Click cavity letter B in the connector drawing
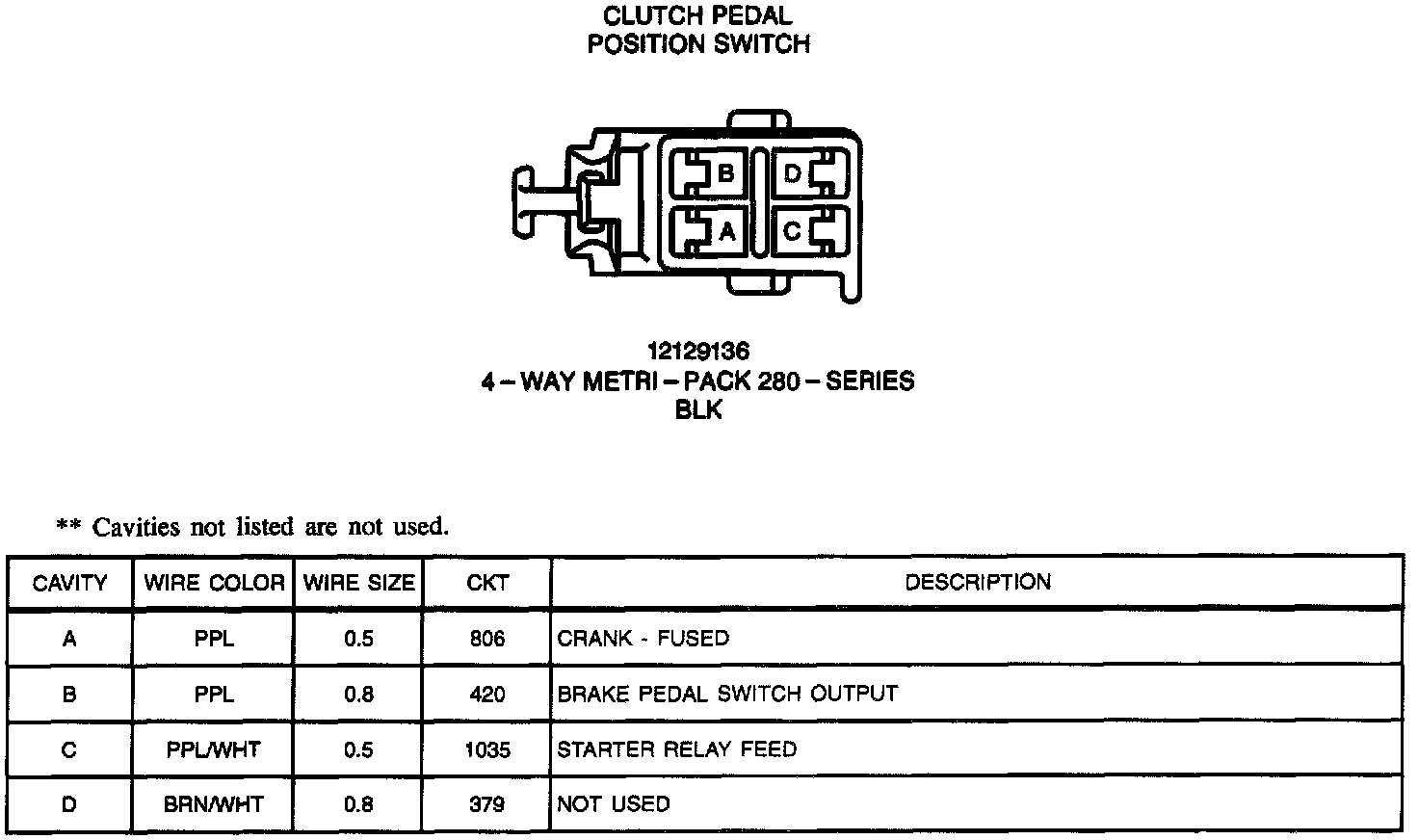tap(726, 173)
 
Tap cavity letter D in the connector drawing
tap(792, 173)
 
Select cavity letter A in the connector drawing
tap(726, 231)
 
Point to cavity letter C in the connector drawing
tap(792, 231)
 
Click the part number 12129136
tap(698, 351)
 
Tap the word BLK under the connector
tap(698, 410)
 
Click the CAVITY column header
tap(69, 583)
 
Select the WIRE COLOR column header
tap(214, 583)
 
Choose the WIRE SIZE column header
tap(358, 583)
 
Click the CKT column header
tap(486, 583)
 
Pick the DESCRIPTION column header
tap(977, 582)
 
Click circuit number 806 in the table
tap(486, 639)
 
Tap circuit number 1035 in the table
tap(486, 749)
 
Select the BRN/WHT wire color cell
tap(214, 804)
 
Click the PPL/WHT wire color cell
tap(214, 749)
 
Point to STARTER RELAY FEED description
tap(676, 749)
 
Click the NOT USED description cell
tap(613, 804)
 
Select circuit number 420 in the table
tap(486, 695)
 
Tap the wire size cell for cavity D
tap(358, 804)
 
